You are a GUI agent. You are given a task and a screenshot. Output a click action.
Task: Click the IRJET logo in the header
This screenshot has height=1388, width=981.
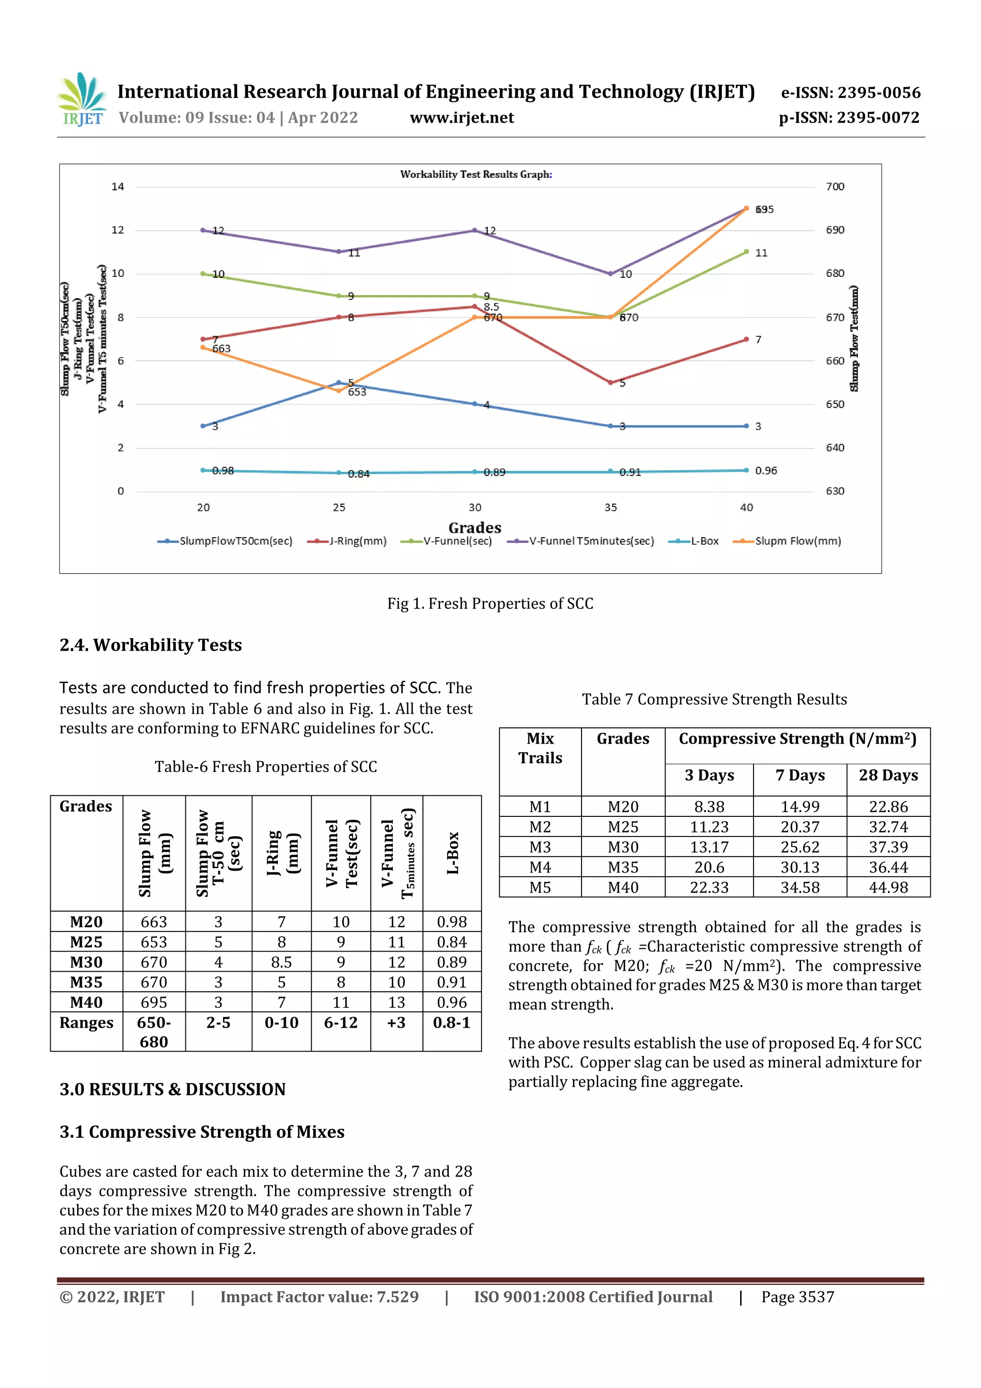pos(81,99)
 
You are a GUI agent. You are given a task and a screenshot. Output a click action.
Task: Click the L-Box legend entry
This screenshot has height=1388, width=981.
pos(694,541)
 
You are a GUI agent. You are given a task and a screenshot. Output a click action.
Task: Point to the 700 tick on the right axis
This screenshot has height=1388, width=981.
pos(835,187)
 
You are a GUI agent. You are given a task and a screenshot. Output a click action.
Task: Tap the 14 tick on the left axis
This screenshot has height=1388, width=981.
pos(118,187)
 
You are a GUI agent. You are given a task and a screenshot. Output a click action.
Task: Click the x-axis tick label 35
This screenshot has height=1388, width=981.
pos(610,508)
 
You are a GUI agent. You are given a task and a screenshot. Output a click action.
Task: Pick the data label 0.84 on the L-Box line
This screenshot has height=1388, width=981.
pos(358,474)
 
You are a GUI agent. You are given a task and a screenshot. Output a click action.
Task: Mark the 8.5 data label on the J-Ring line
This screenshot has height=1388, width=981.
pos(491,307)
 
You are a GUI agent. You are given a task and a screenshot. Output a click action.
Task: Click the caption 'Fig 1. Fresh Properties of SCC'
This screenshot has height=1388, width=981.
pos(490,603)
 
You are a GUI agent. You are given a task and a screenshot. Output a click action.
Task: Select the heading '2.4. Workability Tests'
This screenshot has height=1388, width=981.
pos(150,645)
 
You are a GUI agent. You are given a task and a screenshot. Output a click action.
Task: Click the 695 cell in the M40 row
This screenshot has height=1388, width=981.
pos(154,1002)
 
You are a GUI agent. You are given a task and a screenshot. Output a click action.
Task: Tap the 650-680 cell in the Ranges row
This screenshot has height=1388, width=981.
pos(154,1032)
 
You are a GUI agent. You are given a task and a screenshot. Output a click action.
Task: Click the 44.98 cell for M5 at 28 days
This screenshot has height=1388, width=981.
pos(888,887)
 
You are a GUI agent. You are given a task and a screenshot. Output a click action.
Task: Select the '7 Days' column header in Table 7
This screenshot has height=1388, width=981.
pos(799,776)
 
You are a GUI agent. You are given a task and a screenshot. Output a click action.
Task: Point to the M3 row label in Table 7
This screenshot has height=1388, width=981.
pos(540,847)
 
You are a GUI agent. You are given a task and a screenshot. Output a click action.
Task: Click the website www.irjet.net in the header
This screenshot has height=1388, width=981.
pos(462,118)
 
